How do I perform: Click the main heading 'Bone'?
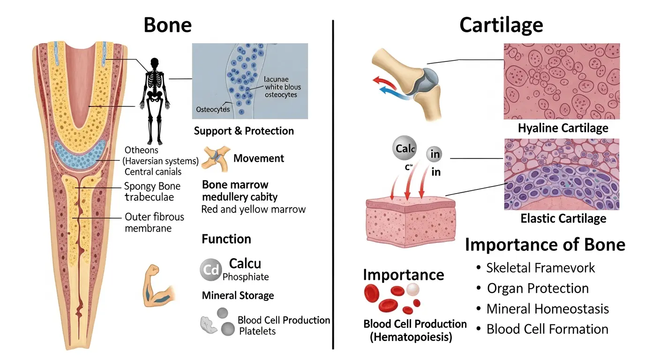[x=167, y=25]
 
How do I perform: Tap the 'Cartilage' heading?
[x=501, y=25]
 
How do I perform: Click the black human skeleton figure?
[x=152, y=98]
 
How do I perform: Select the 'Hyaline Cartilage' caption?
[x=563, y=128]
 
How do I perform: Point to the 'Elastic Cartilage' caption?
[x=563, y=218]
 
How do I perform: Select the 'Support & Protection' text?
[x=244, y=131]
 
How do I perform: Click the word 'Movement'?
[x=259, y=158]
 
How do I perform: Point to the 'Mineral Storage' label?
[x=238, y=296]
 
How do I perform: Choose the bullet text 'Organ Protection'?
[x=538, y=288]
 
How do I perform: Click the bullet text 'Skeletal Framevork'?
[x=540, y=268]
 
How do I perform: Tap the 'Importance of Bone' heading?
[x=545, y=245]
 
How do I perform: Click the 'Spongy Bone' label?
[x=152, y=186]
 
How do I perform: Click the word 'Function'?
[x=226, y=239]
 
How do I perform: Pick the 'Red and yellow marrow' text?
[x=253, y=209]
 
